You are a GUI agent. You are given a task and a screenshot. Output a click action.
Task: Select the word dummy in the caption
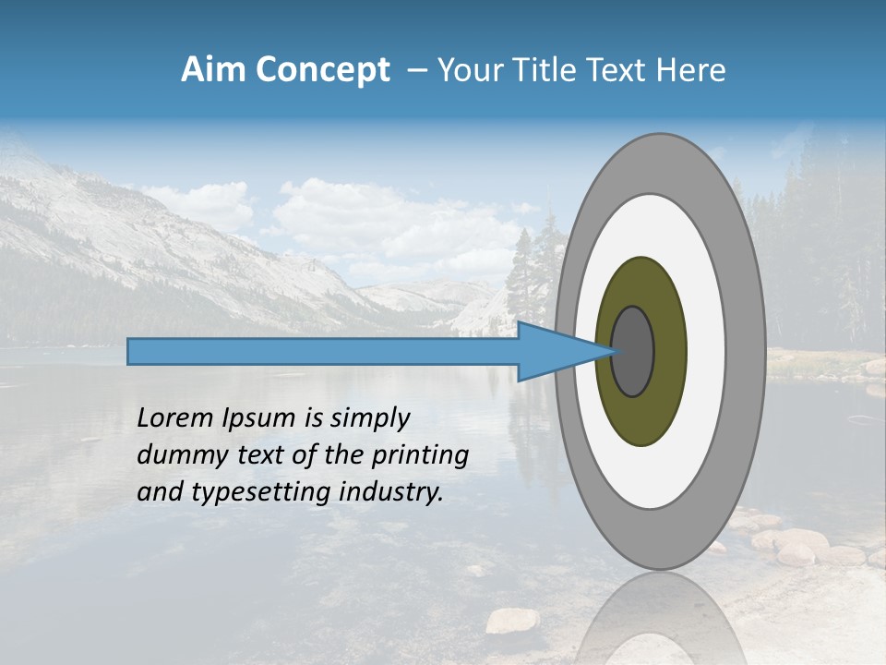click(178, 455)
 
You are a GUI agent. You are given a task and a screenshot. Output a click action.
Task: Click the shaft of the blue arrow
click(323, 352)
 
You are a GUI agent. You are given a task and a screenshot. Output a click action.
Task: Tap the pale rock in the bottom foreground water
click(513, 621)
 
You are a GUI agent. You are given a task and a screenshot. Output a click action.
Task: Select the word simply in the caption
click(369, 418)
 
